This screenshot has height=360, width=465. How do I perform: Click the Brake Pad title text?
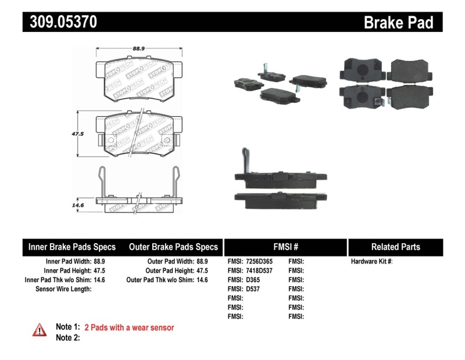coord(398,22)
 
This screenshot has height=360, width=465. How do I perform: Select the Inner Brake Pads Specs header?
coord(72,247)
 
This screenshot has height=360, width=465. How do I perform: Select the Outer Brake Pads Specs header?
coord(173,247)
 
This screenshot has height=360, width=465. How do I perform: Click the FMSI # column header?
coord(286,247)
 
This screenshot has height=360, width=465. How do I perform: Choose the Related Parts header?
coord(395,247)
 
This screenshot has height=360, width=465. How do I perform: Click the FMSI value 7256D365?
coord(259,262)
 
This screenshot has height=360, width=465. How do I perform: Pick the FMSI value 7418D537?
coord(259,270)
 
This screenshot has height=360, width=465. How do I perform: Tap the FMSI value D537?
coord(253,288)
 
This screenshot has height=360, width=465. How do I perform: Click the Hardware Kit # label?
coord(372,262)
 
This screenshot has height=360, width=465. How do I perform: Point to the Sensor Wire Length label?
coord(63,288)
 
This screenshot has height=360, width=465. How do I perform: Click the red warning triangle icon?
coord(39,330)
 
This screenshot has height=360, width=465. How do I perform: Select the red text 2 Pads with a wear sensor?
coord(129,328)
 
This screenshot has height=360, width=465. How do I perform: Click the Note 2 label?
coord(67,338)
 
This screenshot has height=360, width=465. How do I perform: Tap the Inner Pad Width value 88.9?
coord(99,262)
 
